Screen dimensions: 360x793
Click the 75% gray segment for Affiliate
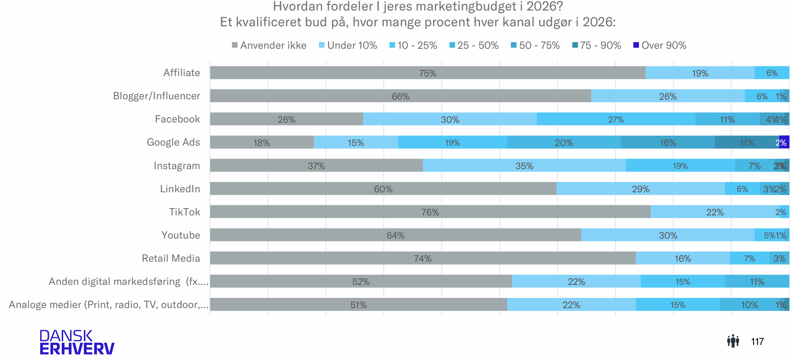(427, 73)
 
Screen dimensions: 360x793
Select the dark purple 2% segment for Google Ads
(784, 142)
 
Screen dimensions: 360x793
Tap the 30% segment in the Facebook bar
(450, 119)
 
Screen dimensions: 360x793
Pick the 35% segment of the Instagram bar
(524, 165)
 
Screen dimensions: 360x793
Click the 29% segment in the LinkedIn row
(641, 188)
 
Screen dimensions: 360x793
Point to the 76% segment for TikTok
(430, 212)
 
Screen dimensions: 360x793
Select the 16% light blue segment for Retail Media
(682, 258)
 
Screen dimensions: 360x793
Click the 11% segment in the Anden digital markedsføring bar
(757, 281)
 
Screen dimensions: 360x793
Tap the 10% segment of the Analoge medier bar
(749, 304)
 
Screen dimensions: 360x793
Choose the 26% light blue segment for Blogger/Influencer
(668, 96)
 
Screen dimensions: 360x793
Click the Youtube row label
(181, 235)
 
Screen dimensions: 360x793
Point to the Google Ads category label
(173, 142)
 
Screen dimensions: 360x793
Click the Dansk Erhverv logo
(77, 342)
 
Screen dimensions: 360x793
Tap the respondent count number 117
(757, 341)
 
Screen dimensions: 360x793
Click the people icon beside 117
(733, 341)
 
